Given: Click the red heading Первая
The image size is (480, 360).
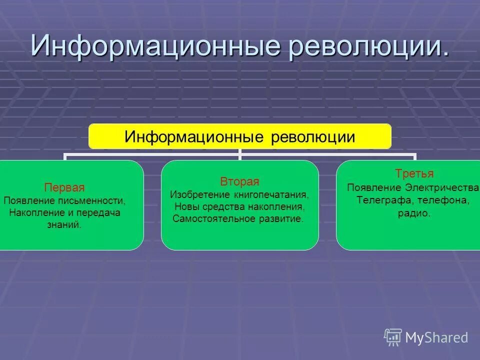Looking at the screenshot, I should tap(64, 188).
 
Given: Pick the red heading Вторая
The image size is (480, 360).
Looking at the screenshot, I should tap(239, 181).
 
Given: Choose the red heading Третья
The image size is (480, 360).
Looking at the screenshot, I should tap(414, 174).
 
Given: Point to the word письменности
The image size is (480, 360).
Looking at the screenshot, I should tap(96, 200).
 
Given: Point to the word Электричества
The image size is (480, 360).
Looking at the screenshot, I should tap(442, 187).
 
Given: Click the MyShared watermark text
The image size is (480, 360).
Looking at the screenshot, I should tap(436, 337).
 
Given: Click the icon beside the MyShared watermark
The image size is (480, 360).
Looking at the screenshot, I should tap(393, 337).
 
